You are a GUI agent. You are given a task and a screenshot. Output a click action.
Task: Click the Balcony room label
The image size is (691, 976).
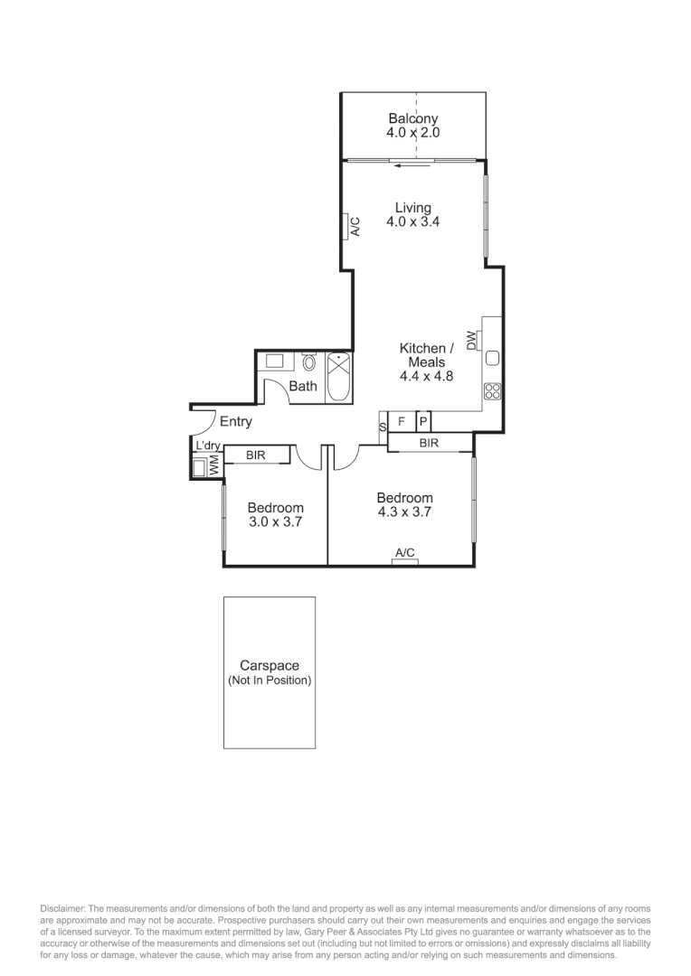(x=412, y=118)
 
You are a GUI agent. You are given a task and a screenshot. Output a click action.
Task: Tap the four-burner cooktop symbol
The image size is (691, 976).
(x=493, y=391)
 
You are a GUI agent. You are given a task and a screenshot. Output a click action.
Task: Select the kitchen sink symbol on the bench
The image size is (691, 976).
(x=493, y=358)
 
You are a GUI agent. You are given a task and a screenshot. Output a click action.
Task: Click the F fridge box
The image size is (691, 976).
(x=401, y=422)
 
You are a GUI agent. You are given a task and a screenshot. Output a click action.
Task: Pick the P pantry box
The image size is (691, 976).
(x=422, y=422)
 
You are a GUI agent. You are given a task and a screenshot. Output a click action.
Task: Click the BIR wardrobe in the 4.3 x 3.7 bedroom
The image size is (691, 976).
(x=430, y=443)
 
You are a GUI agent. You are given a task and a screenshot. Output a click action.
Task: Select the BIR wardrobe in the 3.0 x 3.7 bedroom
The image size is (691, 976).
(x=256, y=455)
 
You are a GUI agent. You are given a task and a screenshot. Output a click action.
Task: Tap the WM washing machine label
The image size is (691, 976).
(x=215, y=466)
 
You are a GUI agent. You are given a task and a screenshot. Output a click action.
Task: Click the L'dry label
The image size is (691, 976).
(x=207, y=446)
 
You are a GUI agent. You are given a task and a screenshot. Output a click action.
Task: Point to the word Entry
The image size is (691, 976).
(x=236, y=422)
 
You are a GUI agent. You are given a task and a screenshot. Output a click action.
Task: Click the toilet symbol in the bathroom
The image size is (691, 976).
(x=309, y=363)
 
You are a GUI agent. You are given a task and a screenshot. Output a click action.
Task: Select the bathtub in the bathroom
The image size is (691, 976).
(x=339, y=378)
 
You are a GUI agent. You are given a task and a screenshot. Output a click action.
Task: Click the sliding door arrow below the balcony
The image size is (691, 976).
(x=412, y=164)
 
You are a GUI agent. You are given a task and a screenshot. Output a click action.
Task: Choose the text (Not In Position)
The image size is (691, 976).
(x=270, y=680)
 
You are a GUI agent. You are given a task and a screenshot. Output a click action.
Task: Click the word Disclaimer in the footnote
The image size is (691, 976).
(x=62, y=908)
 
